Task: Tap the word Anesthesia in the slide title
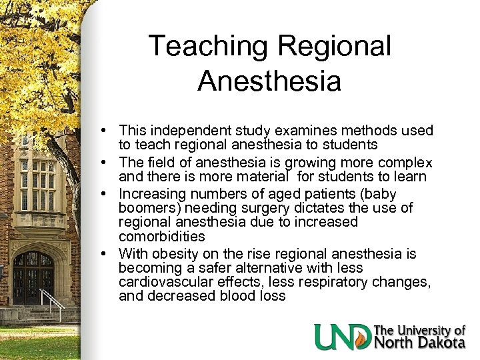click(x=269, y=81)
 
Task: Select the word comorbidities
click(x=162, y=237)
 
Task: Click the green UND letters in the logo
click(x=343, y=337)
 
